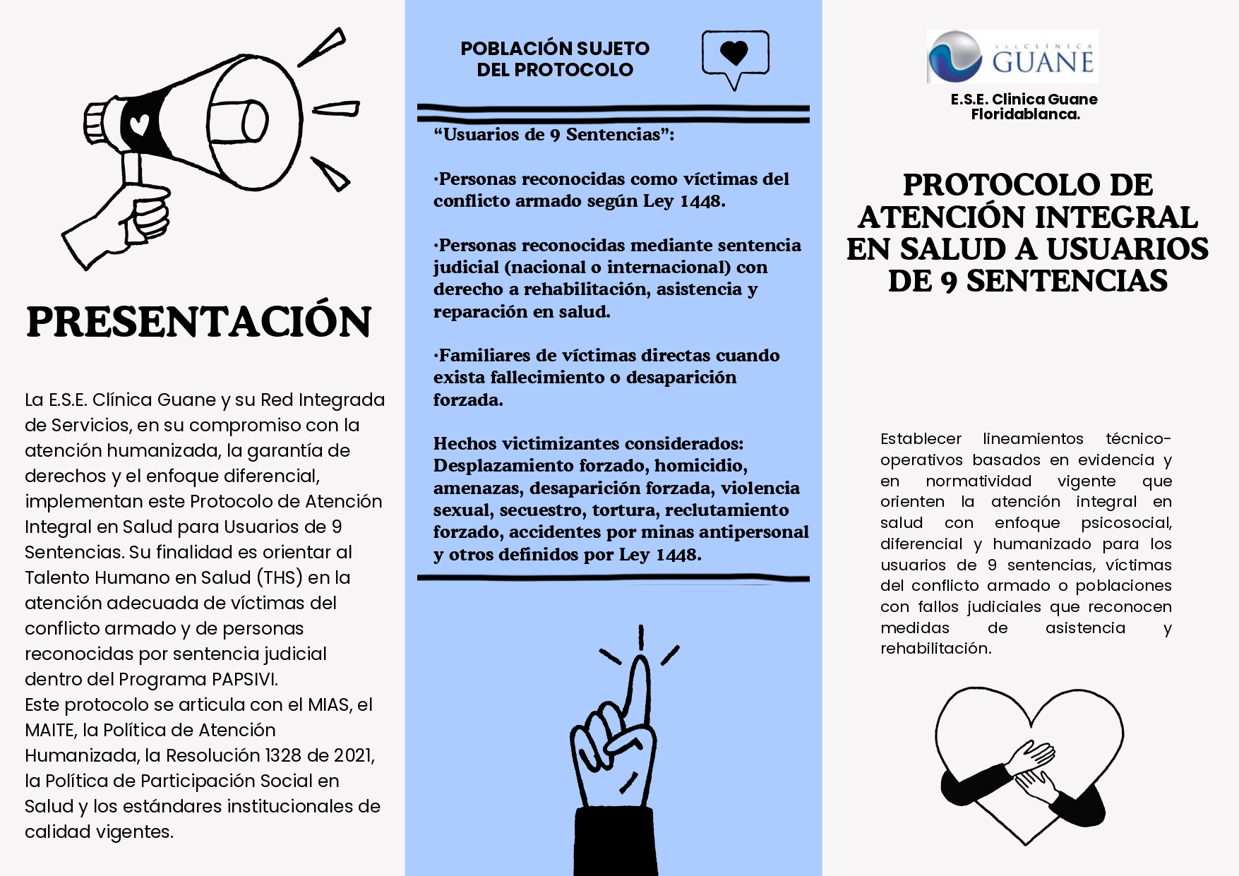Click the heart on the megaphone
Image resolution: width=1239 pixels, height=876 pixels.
(140, 125)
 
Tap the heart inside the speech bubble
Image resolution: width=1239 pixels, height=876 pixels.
(734, 52)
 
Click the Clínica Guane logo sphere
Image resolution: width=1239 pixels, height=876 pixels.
(954, 56)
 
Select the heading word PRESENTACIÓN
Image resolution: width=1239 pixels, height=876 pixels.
(199, 322)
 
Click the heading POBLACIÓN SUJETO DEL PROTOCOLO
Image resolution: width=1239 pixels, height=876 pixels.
(555, 59)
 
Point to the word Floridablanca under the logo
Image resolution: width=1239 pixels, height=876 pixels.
(1025, 114)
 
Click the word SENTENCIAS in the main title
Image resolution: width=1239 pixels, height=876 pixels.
(1067, 281)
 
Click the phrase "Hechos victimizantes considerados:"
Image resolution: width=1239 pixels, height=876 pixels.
(588, 443)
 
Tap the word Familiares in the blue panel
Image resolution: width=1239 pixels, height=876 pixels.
(484, 355)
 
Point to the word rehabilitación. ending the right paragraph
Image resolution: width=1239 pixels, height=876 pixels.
(935, 649)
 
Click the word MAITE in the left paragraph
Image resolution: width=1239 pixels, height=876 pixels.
(49, 730)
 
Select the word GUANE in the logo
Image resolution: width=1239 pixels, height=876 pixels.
(1043, 62)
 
